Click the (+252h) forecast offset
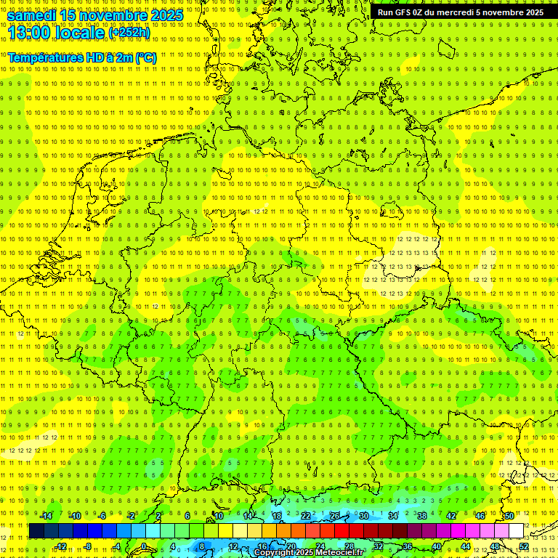coord(130,33)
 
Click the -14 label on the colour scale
coord(46,516)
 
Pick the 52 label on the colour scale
coord(524,546)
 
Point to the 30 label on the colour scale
coord(364,516)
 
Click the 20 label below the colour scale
coord(291,546)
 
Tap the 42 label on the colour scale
coord(451,516)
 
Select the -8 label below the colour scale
coord(87,546)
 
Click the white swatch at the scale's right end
coord(516,531)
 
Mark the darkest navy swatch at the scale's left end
coord(36,531)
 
